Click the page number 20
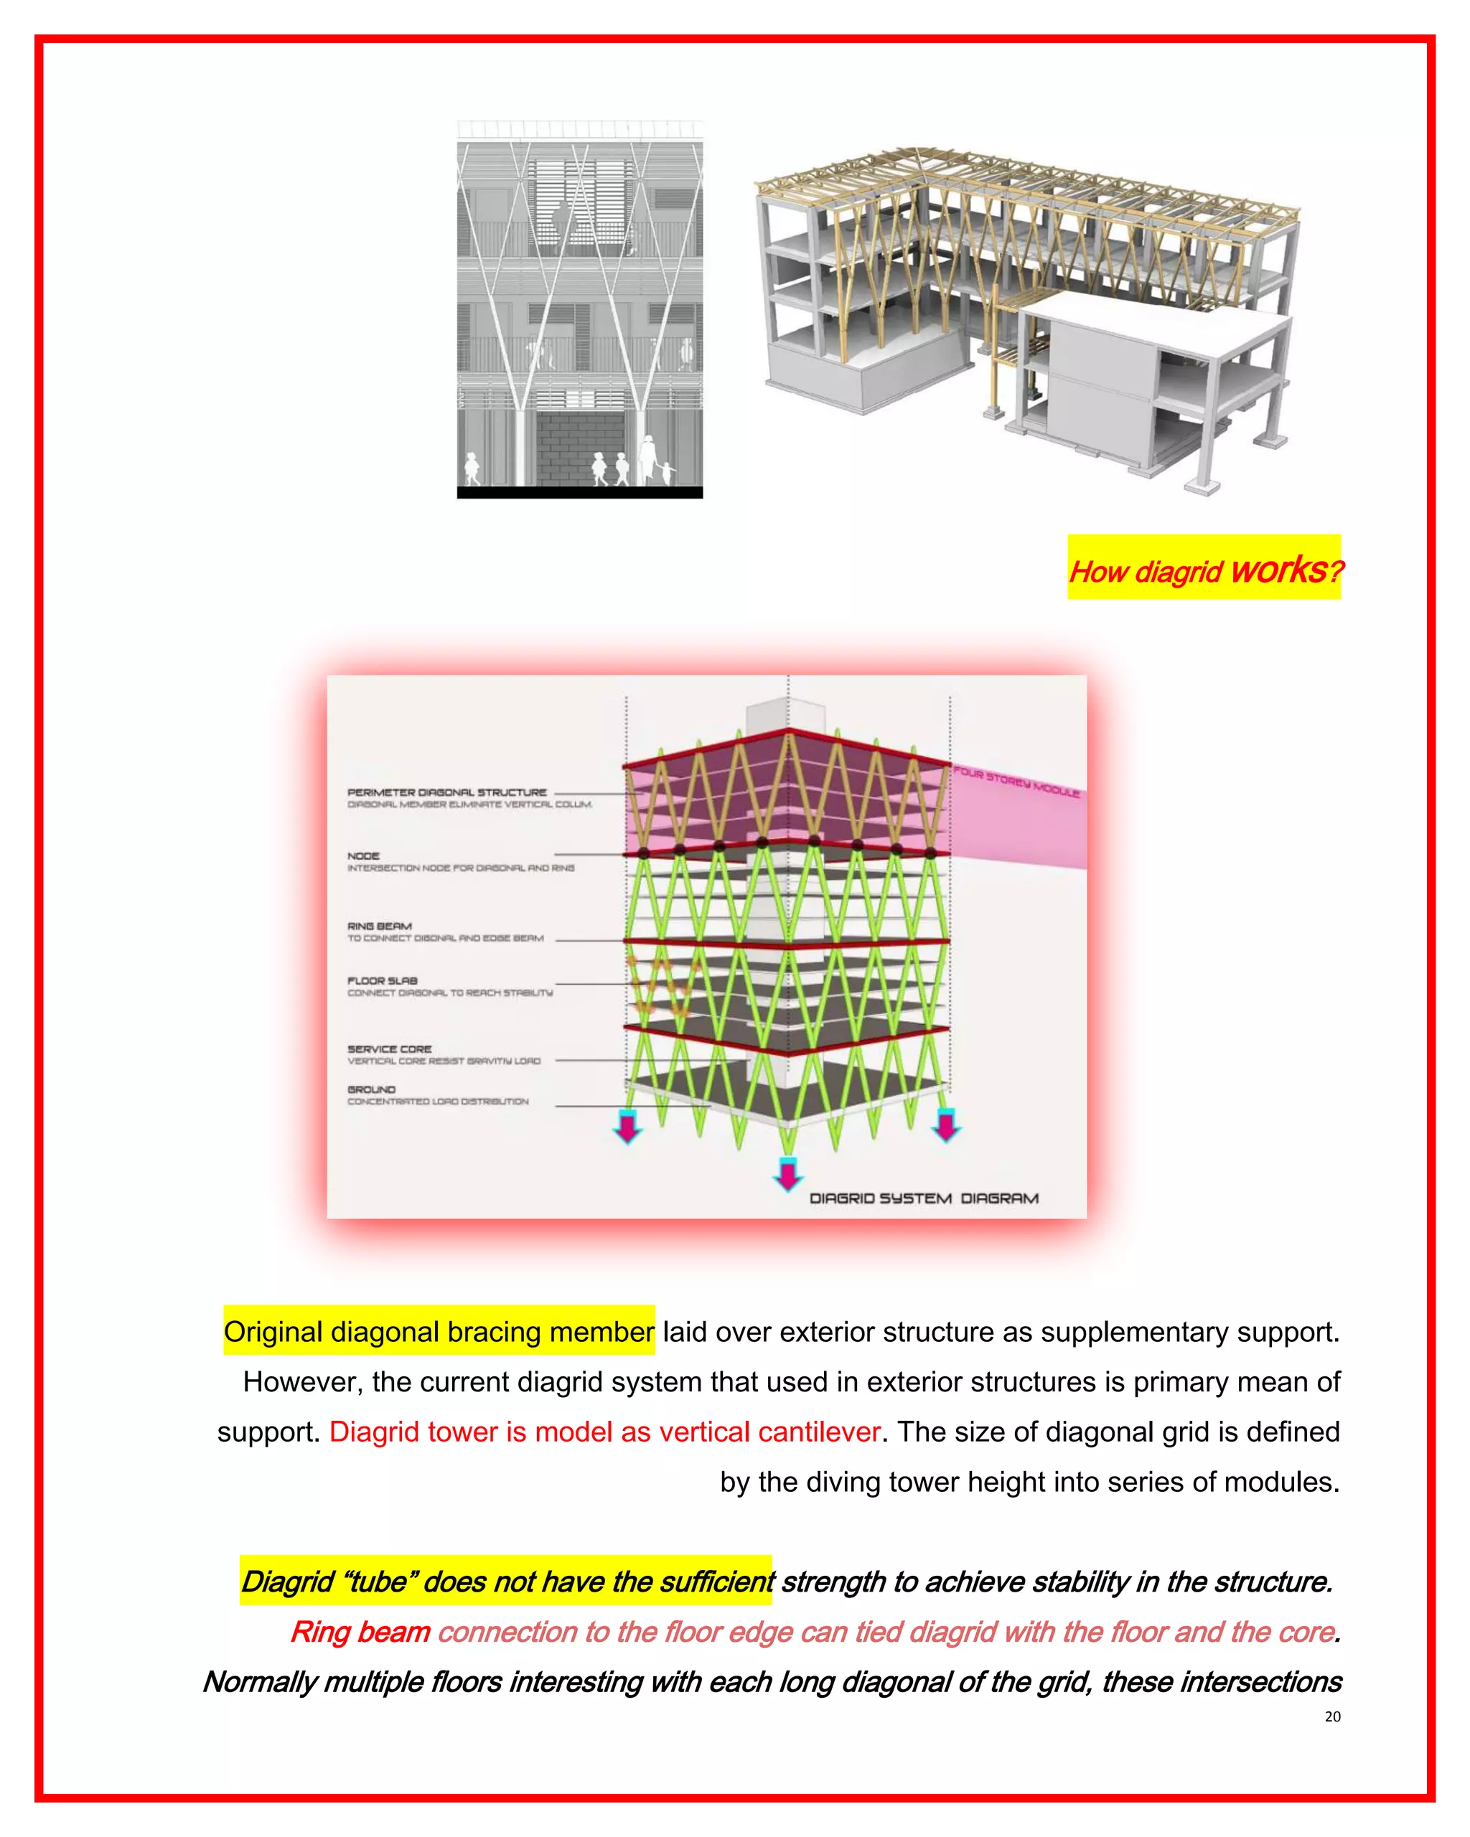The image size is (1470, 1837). click(x=1332, y=1716)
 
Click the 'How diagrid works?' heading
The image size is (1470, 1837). click(x=1204, y=569)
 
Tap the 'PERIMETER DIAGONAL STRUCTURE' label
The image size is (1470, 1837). click(x=446, y=792)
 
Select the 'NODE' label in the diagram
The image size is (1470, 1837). click(x=363, y=855)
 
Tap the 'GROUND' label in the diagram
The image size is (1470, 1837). click(x=372, y=1089)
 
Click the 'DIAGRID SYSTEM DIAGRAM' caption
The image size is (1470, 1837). click(x=924, y=1198)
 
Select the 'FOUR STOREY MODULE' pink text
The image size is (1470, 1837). click(x=1016, y=781)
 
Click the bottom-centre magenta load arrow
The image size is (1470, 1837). click(x=787, y=1175)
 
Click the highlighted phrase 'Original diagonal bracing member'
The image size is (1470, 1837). click(x=439, y=1331)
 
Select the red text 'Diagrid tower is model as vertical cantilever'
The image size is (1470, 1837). click(x=604, y=1432)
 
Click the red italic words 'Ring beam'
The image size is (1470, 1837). click(x=360, y=1632)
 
